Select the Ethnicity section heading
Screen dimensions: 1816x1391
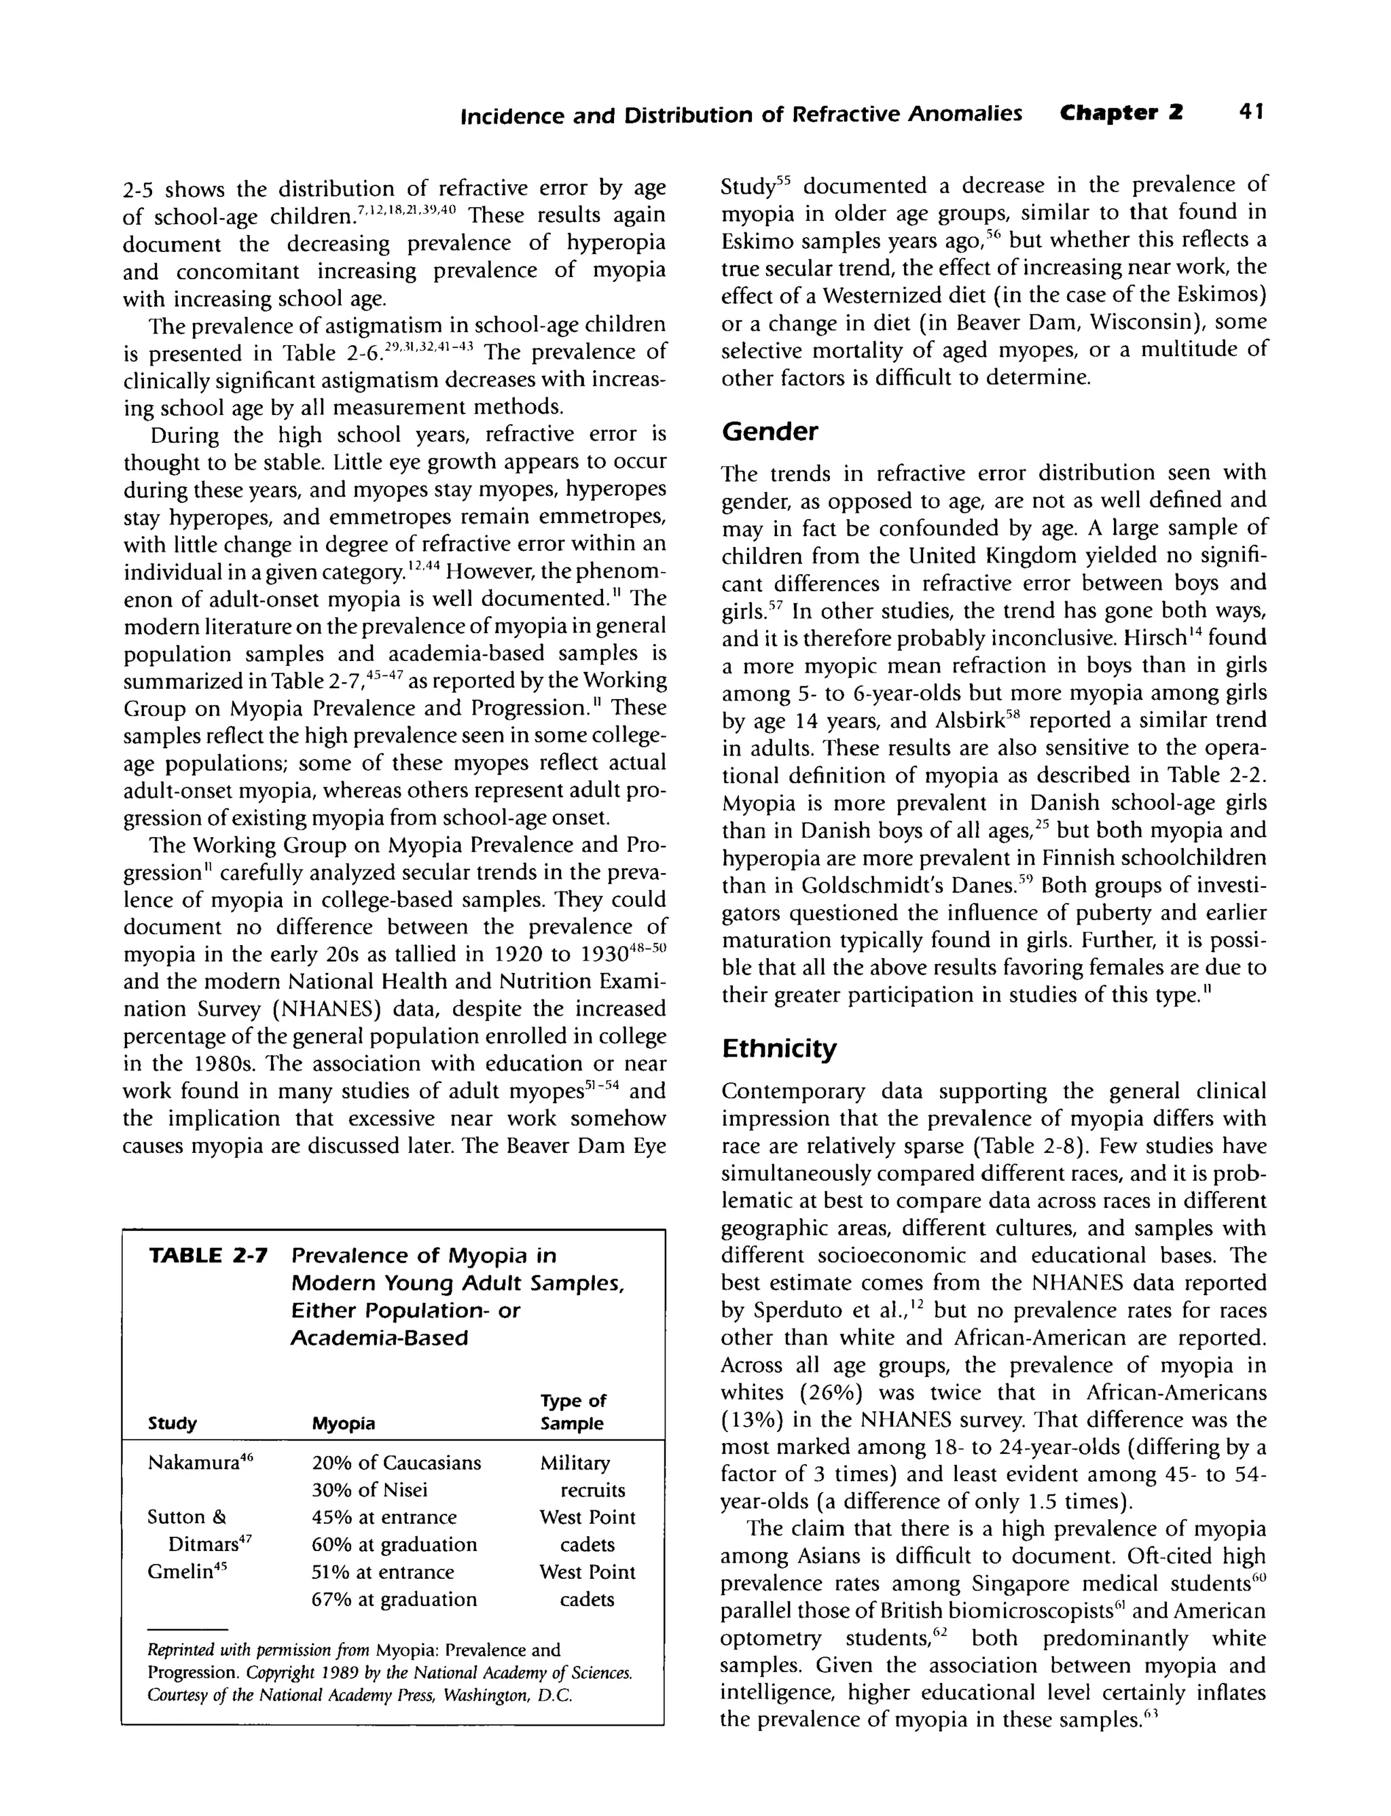point(778,1048)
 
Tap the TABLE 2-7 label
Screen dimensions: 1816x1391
point(208,1256)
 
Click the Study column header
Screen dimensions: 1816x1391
point(173,1423)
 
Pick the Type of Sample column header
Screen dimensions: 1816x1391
point(573,1412)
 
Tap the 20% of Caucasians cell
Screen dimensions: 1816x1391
point(396,1463)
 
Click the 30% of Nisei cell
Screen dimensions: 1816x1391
point(369,1491)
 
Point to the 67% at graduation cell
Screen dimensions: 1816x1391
point(394,1599)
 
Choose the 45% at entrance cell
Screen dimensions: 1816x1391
point(384,1518)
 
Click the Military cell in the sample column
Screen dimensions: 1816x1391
point(575,1463)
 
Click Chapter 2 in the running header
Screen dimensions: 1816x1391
point(1121,113)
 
